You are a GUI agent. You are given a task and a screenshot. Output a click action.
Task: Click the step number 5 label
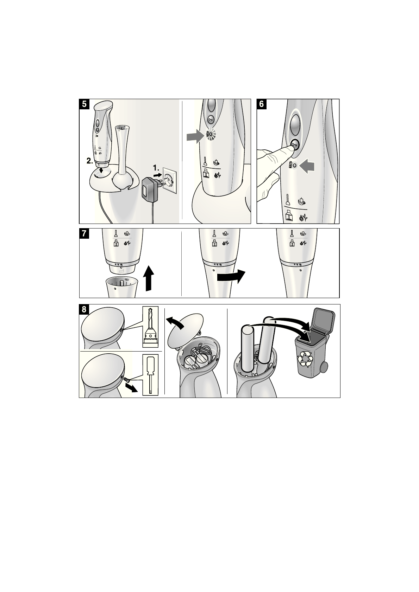84,104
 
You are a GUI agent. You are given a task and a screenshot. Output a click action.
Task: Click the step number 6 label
262,104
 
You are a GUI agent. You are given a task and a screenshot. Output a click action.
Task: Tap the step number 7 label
84,233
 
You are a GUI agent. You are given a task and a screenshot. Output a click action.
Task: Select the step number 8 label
84,309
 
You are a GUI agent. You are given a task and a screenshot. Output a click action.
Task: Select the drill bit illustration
151,327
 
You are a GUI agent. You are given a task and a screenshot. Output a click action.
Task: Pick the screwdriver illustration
151,375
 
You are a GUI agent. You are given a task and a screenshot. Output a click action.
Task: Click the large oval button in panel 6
295,125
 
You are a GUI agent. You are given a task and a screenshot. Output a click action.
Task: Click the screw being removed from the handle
127,379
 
